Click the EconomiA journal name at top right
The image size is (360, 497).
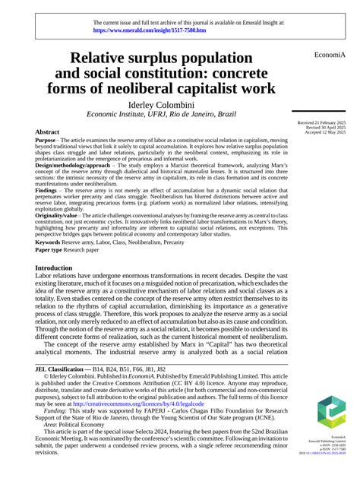click(x=329, y=55)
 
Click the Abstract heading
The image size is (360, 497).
click(x=48, y=131)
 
